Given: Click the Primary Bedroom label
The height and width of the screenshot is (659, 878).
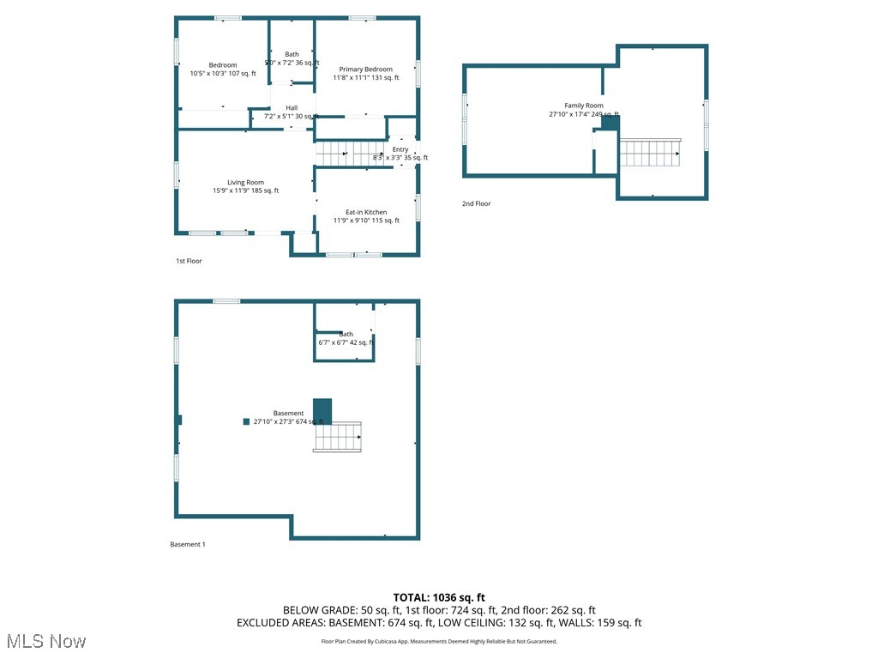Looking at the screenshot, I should coord(365,70).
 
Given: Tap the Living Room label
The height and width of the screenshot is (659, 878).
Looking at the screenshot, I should coord(245,183).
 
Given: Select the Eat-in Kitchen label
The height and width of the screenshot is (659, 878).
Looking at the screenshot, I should coord(366,212).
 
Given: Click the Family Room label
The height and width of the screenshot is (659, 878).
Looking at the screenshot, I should coord(583,106).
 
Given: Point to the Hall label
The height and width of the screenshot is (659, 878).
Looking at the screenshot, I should coord(292,108).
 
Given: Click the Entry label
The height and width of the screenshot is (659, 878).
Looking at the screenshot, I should coord(400,149).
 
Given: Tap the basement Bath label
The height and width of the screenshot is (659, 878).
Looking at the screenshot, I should coord(346,334).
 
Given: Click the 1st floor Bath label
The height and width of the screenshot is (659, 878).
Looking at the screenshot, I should coord(292,54).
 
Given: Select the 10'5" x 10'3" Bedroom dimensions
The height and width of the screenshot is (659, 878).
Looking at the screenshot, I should coord(223,74).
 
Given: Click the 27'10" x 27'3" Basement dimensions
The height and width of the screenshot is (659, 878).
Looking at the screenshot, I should coord(289,421).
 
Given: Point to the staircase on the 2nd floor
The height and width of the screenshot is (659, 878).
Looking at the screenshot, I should coord(650,154).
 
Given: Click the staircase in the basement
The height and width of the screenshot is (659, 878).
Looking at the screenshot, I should coord(337,437).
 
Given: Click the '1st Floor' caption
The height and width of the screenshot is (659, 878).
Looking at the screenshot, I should coord(189,261).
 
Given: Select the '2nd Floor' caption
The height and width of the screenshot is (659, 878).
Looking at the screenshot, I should coord(477,203).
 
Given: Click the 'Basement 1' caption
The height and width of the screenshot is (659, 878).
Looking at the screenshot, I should coord(188,544).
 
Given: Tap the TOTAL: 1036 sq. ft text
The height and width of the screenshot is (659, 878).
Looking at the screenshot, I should coord(439,597).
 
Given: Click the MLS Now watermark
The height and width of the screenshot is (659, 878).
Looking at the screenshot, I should coord(46,641).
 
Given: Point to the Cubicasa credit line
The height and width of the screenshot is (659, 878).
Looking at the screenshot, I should coord(439,641).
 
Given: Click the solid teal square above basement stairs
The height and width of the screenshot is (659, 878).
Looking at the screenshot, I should coord(322,410).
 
